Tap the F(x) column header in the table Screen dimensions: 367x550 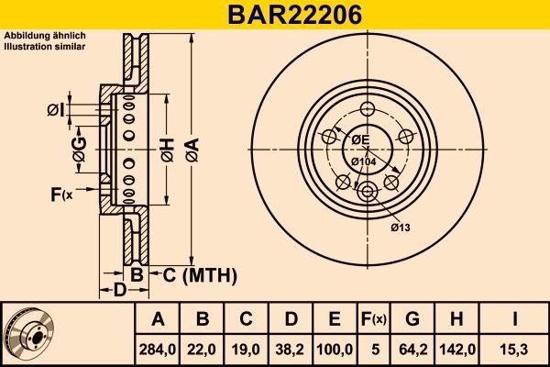tap(375, 319)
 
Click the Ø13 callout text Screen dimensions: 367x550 tap(401, 227)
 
